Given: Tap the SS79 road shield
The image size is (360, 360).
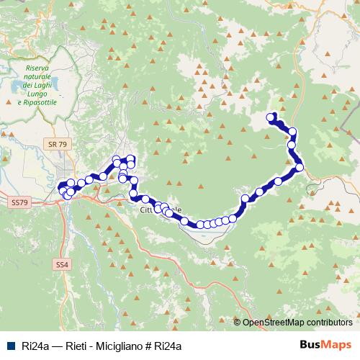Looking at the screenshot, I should pyautogui.click(x=19, y=204).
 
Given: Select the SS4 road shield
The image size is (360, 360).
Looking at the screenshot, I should pyautogui.click(x=63, y=265).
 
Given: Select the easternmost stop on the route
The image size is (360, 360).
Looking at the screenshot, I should pyautogui.click(x=300, y=168).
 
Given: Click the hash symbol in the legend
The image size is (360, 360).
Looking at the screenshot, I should pyautogui.click(x=153, y=346).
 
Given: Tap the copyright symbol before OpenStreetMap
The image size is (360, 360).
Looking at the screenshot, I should pyautogui.click(x=238, y=323).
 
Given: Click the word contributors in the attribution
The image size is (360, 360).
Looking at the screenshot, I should pyautogui.click(x=329, y=323).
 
